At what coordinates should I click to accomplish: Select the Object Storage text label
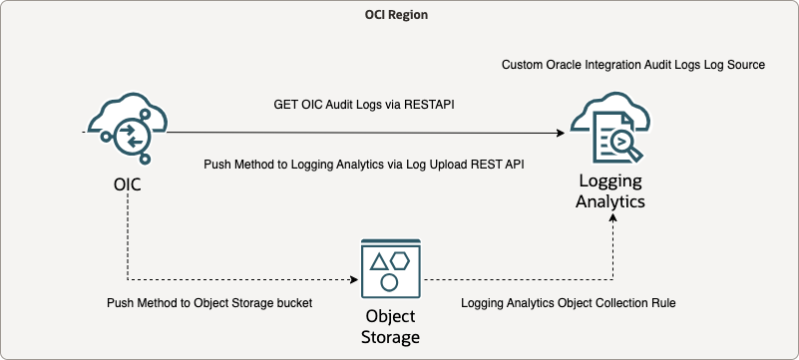(x=390, y=327)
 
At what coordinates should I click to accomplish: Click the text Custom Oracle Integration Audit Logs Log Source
(x=632, y=65)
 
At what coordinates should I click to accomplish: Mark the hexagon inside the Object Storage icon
(x=401, y=260)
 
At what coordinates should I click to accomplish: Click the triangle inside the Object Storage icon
(x=379, y=262)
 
